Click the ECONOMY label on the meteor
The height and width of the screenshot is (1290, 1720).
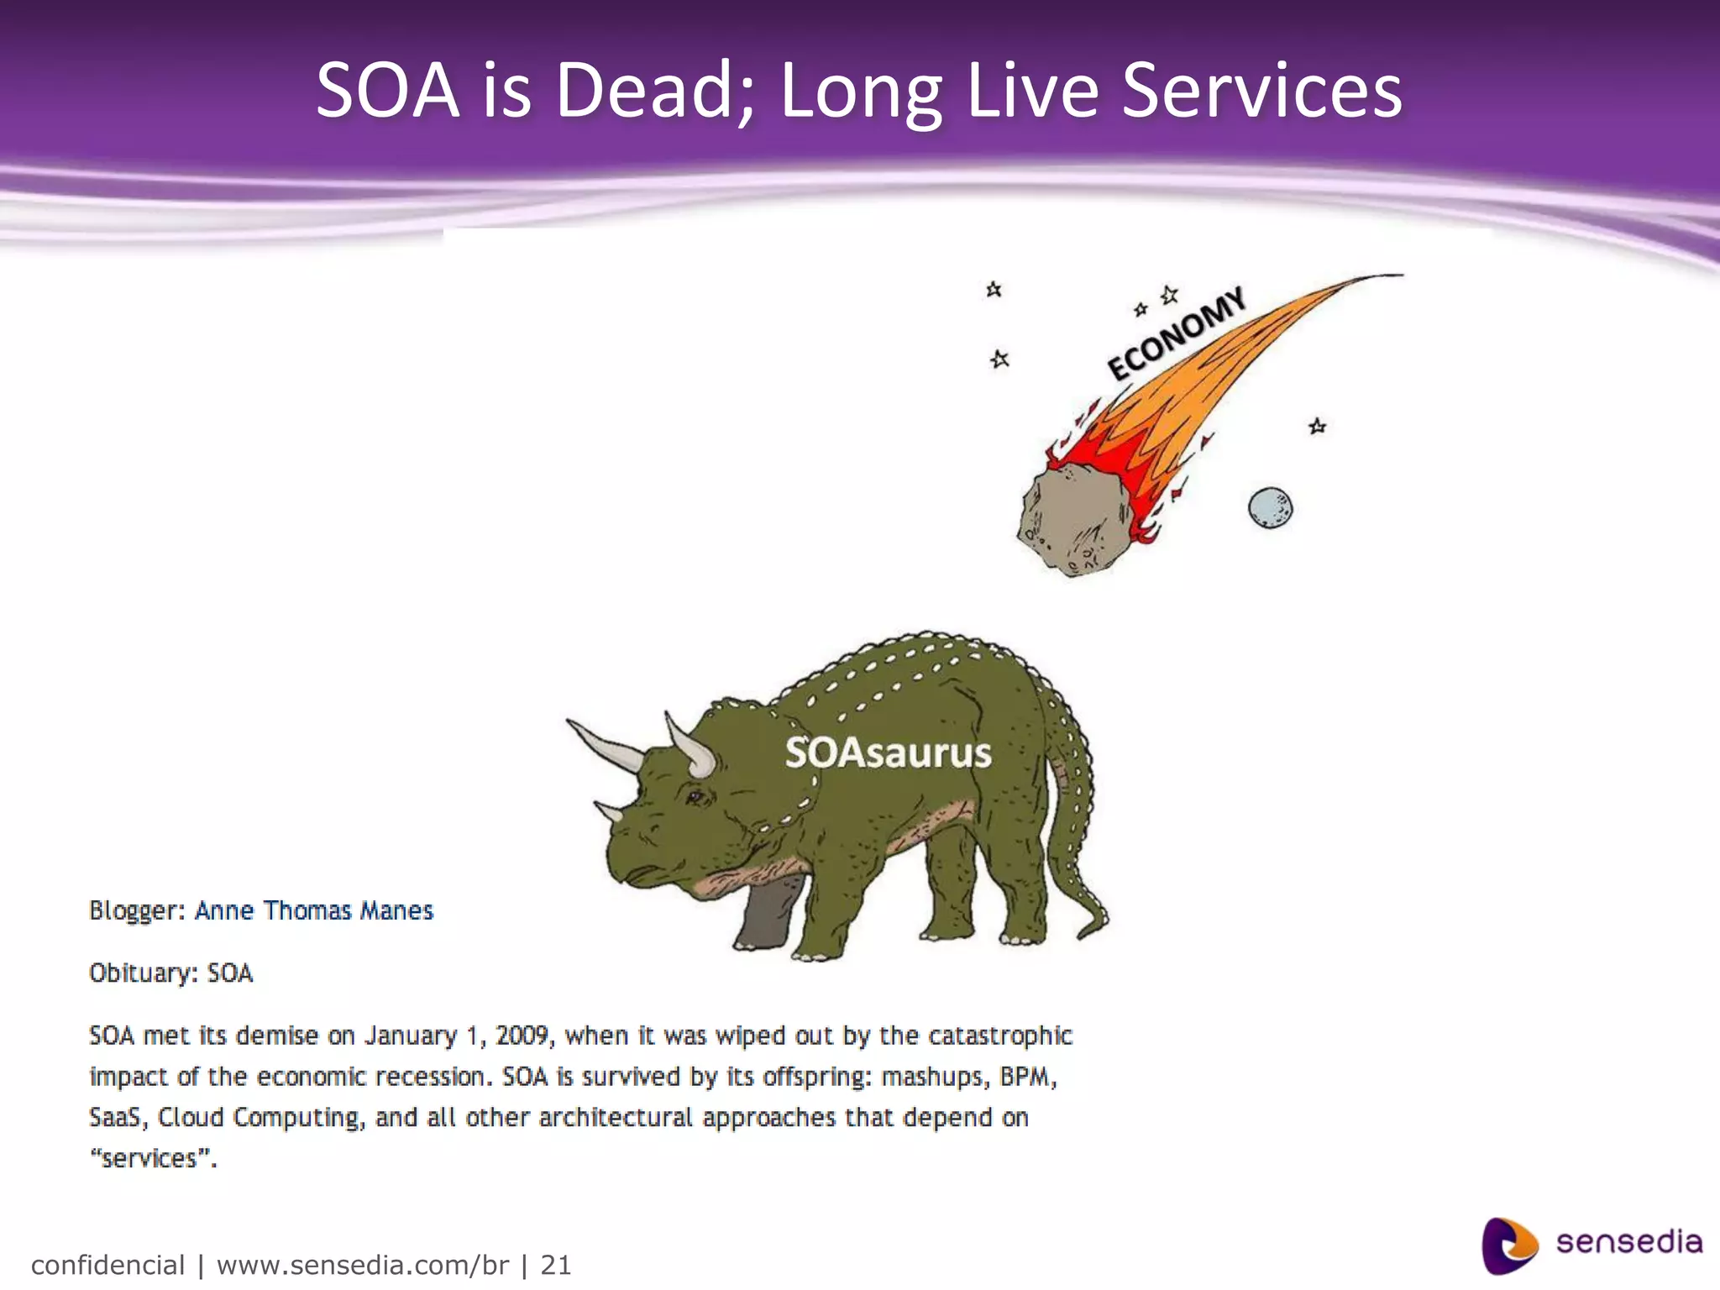tap(1176, 333)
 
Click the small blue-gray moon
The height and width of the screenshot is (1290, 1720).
tap(1270, 508)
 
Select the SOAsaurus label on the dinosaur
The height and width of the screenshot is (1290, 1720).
tap(889, 752)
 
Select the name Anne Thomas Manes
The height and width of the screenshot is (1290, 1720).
tap(314, 911)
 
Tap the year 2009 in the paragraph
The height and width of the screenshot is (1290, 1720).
tap(522, 1036)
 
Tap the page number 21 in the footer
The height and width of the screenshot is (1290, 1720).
tap(555, 1265)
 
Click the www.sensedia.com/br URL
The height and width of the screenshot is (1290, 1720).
tap(363, 1265)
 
